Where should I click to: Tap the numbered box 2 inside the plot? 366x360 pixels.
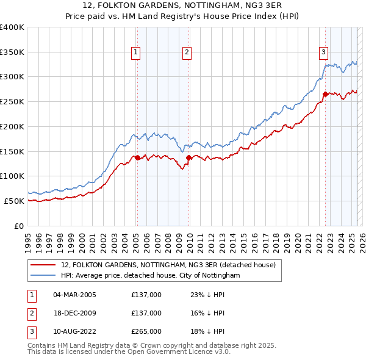pyautogui.click(x=187, y=52)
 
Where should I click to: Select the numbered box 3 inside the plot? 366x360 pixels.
pyautogui.click(x=323, y=52)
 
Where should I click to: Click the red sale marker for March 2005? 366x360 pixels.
pyautogui.click(x=137, y=157)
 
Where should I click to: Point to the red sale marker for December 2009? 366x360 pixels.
pyautogui.click(x=189, y=157)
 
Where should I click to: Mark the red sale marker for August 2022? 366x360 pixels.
pyautogui.click(x=325, y=94)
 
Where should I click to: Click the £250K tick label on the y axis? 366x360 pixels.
pyautogui.click(x=12, y=101)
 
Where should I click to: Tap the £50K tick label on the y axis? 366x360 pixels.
pyautogui.click(x=15, y=201)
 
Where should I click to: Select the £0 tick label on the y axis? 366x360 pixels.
pyautogui.click(x=20, y=226)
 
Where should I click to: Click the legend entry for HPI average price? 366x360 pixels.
pyautogui.click(x=151, y=276)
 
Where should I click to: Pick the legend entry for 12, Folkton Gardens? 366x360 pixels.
pyautogui.click(x=168, y=265)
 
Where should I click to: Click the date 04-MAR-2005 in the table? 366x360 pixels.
pyautogui.click(x=74, y=295)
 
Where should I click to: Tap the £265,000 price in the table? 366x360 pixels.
pyautogui.click(x=146, y=331)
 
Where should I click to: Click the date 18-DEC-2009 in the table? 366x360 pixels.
pyautogui.click(x=74, y=313)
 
